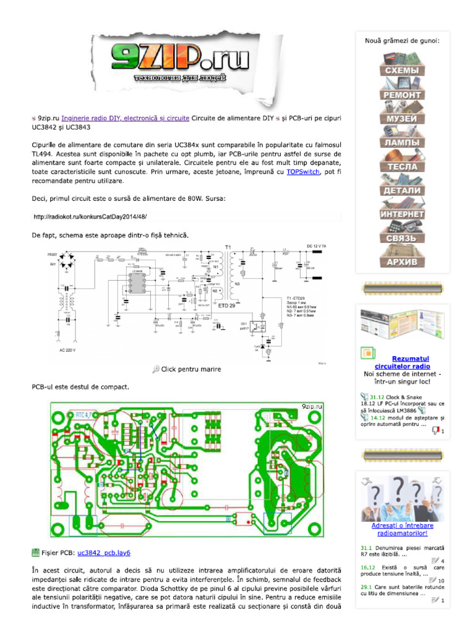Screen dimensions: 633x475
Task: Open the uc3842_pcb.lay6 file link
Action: pyautogui.click(x=104, y=552)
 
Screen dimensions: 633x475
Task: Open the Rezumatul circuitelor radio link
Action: pyautogui.click(x=411, y=363)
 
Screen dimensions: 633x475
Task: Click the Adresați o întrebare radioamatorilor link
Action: pyautogui.click(x=402, y=529)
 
